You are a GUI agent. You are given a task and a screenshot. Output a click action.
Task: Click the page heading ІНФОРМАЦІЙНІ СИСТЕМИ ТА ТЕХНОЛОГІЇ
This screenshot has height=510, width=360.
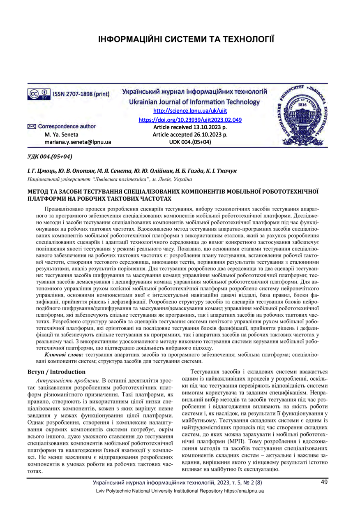tap(186, 39)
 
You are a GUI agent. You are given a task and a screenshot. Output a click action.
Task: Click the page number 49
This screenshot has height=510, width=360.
tap(324, 482)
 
